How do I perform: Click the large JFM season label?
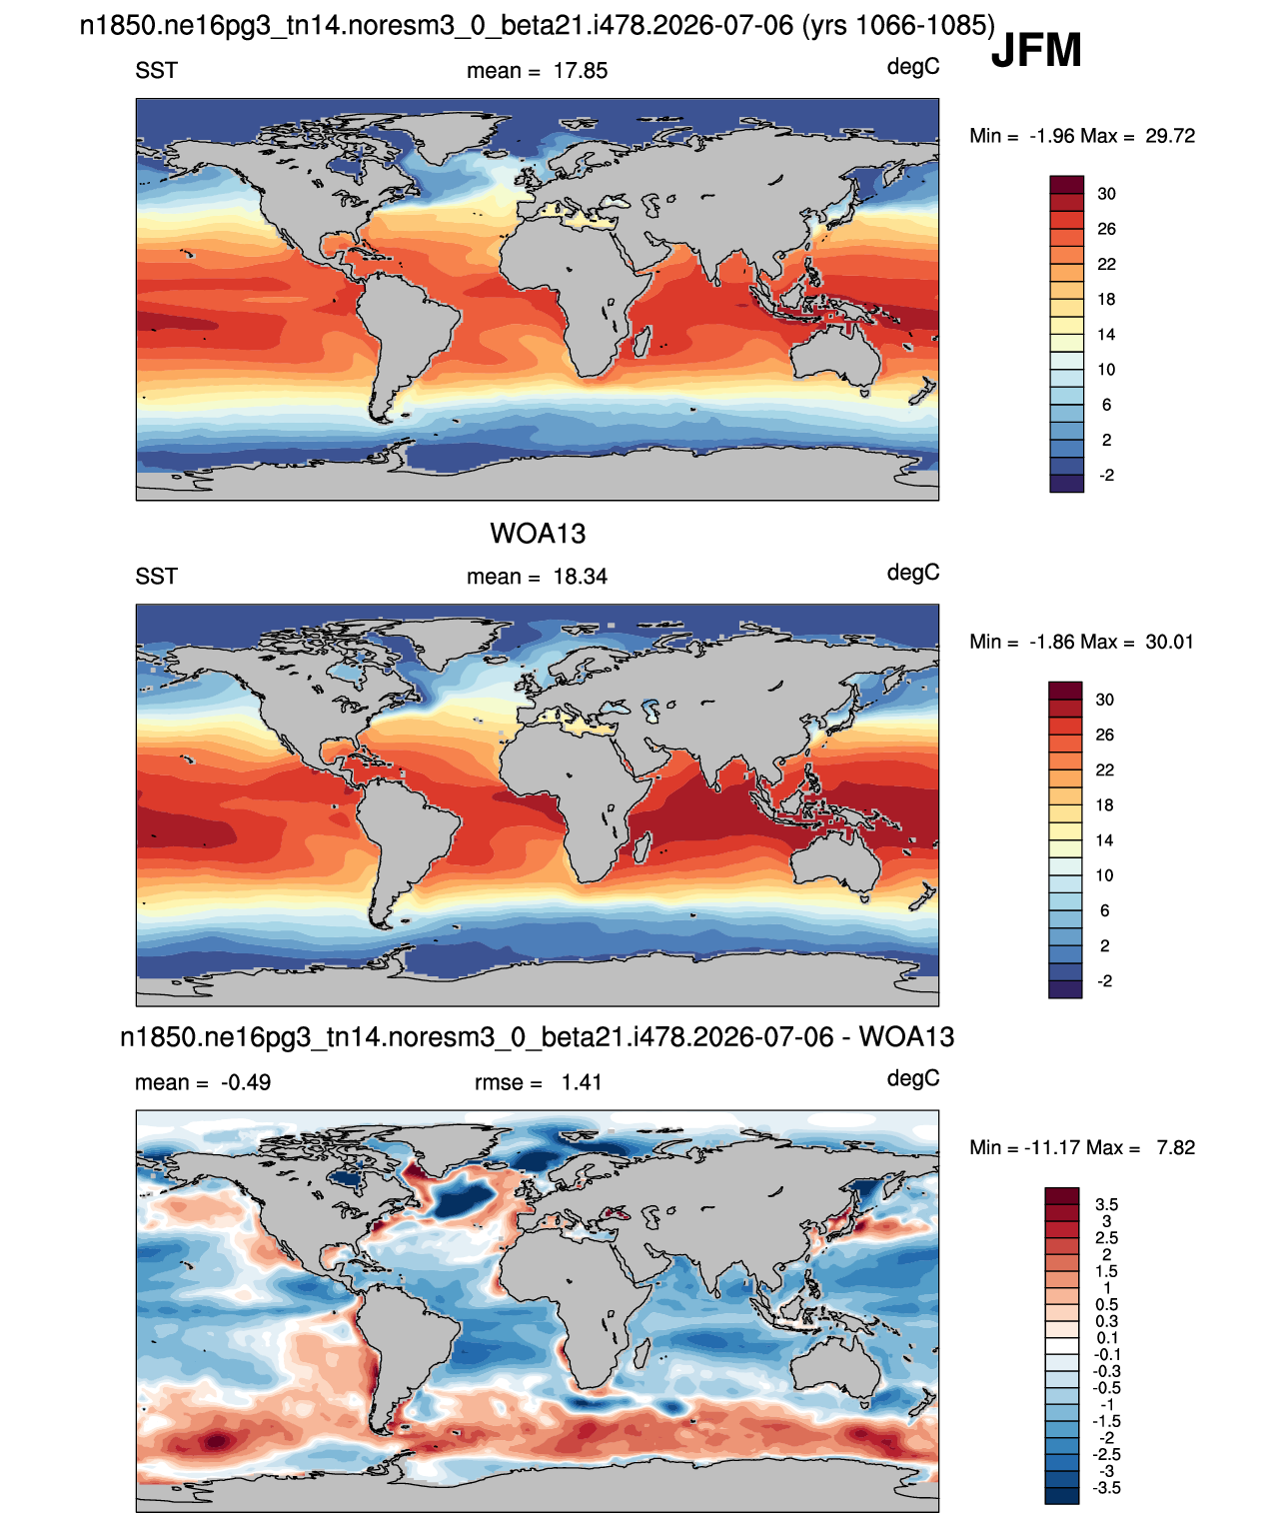click(1036, 50)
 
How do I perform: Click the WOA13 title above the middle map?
click(538, 534)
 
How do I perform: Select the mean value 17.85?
click(580, 71)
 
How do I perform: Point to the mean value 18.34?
click(580, 577)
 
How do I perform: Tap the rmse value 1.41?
click(582, 1082)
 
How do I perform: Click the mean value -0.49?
click(246, 1082)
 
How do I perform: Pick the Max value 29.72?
click(1169, 136)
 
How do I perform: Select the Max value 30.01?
click(1169, 642)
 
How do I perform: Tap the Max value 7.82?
click(1175, 1147)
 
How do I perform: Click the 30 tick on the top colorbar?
click(1106, 194)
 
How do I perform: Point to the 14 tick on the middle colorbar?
click(1105, 840)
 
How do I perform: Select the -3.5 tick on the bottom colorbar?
click(1106, 1488)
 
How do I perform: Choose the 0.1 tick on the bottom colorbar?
click(1106, 1338)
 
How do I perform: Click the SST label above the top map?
click(156, 71)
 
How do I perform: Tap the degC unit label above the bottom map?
click(912, 1078)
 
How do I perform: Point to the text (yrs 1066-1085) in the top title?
click(899, 26)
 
